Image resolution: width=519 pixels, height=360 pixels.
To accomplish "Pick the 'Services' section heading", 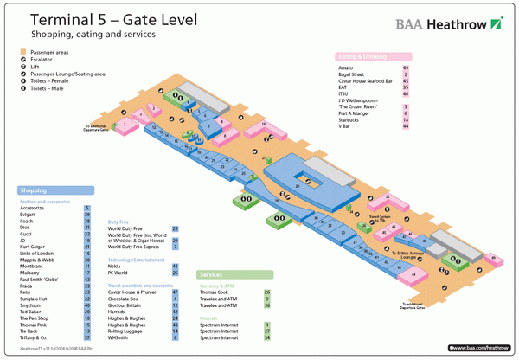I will [x=217, y=274].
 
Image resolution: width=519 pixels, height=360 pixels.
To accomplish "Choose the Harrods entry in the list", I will [x=119, y=312].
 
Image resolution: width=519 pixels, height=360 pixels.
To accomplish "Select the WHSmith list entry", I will [x=120, y=337].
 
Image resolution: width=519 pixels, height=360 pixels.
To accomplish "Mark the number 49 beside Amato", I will [x=406, y=67].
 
